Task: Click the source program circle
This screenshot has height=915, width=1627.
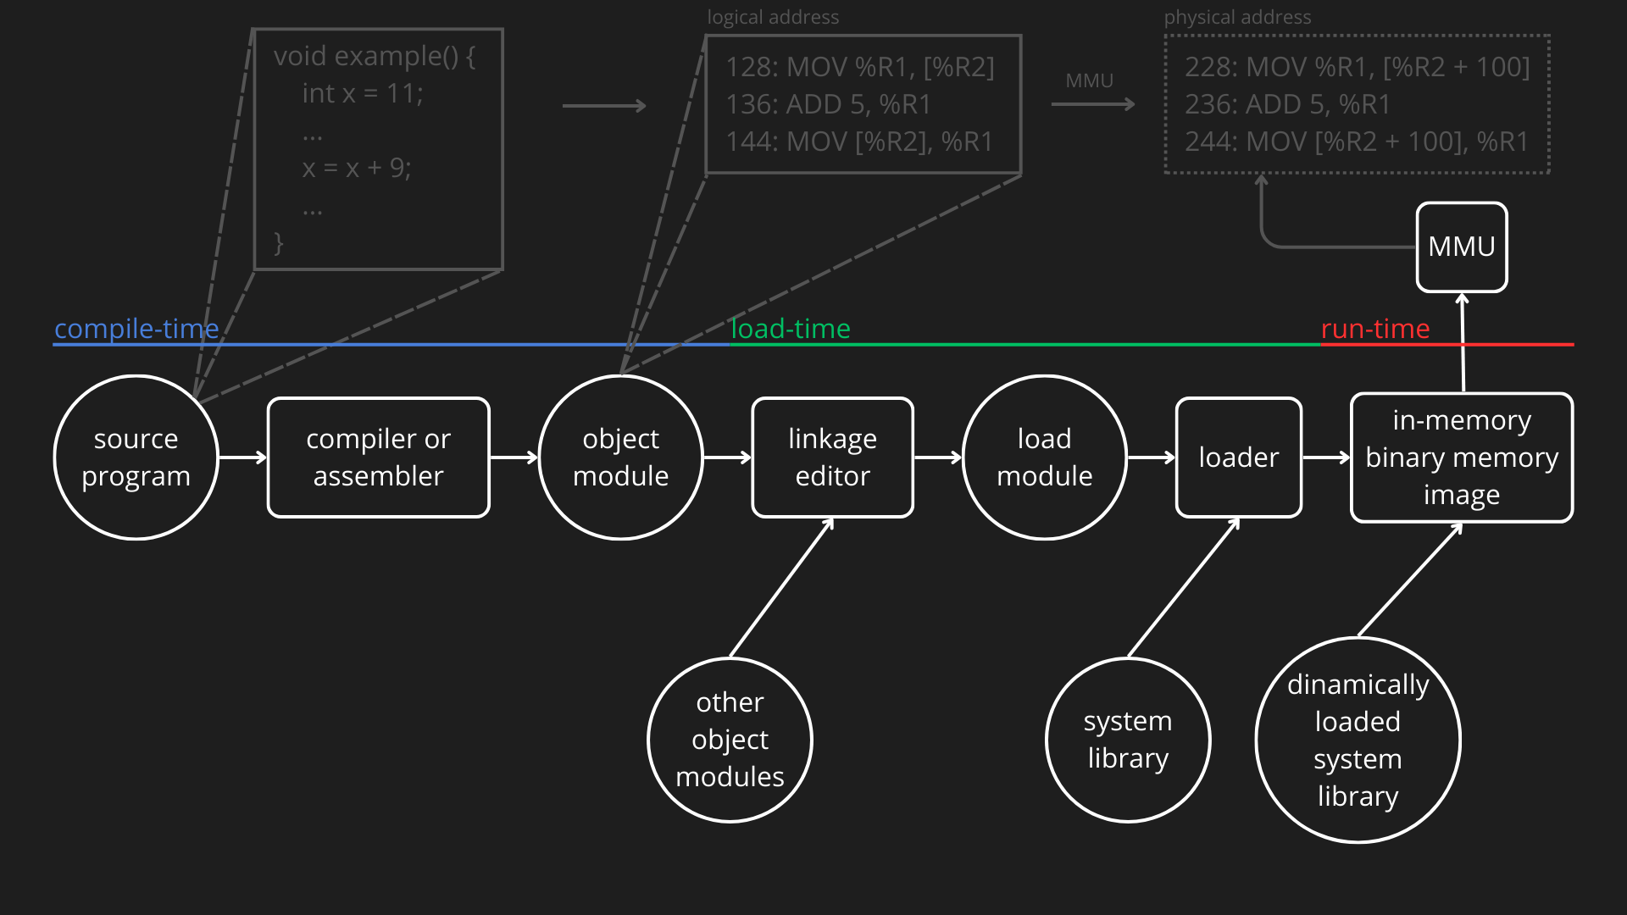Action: click(x=136, y=457)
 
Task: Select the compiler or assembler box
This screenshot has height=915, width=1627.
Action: click(x=378, y=457)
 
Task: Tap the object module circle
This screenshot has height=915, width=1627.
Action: click(x=620, y=457)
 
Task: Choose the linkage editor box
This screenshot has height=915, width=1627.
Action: click(x=832, y=457)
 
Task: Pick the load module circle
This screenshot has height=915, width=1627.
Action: click(x=1044, y=457)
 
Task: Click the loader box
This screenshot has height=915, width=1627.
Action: click(x=1238, y=457)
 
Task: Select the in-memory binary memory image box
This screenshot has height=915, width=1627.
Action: click(x=1461, y=457)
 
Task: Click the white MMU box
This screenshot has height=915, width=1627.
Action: click(x=1461, y=247)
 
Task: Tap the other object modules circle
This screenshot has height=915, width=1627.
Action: click(x=730, y=740)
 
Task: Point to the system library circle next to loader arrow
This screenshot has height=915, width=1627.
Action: click(x=1128, y=740)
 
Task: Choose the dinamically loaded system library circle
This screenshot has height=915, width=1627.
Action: click(x=1358, y=740)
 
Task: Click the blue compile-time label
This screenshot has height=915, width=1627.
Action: click(x=136, y=329)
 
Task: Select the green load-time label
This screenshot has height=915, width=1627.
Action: click(x=790, y=329)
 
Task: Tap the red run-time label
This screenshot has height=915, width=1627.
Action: click(x=1374, y=329)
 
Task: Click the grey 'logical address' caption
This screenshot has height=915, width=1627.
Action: click(x=773, y=17)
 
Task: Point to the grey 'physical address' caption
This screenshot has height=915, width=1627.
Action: click(x=1237, y=17)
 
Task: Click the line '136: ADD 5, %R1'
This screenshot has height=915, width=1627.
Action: click(x=828, y=104)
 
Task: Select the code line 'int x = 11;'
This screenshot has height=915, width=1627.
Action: click(x=363, y=93)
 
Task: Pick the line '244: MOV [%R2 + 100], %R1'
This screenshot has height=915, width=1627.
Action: click(x=1356, y=141)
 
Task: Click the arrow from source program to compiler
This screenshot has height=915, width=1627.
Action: click(x=242, y=457)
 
